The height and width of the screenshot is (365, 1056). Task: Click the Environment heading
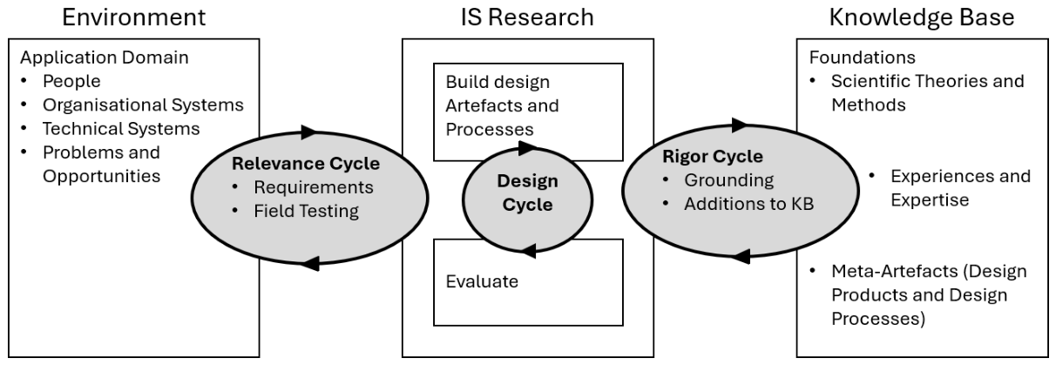click(134, 18)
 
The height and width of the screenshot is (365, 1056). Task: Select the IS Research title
click(527, 18)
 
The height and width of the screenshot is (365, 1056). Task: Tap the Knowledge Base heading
click(922, 18)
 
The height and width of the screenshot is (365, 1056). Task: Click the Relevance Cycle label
click(306, 164)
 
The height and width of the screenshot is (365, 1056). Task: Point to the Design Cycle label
click(527, 193)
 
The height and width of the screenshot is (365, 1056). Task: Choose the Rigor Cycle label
click(713, 157)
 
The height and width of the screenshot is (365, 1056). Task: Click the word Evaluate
click(482, 281)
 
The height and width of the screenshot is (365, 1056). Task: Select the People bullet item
click(71, 81)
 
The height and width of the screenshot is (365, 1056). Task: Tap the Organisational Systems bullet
click(143, 105)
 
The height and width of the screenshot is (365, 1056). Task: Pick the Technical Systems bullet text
click(121, 129)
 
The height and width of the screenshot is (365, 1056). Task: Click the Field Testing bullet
click(306, 212)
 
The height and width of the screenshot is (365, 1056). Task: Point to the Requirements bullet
click(314, 187)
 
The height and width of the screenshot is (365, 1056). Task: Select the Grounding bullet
click(728, 180)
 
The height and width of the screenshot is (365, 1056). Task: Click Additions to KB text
click(749, 204)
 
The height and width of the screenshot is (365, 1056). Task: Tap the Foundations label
click(863, 57)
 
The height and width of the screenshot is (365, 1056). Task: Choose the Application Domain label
click(105, 58)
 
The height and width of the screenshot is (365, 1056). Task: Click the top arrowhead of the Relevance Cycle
click(308, 132)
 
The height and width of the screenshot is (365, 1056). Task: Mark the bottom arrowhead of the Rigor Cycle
click(741, 256)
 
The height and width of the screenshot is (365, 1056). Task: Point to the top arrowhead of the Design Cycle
click(526, 148)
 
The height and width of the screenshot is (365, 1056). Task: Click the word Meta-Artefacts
click(894, 271)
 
